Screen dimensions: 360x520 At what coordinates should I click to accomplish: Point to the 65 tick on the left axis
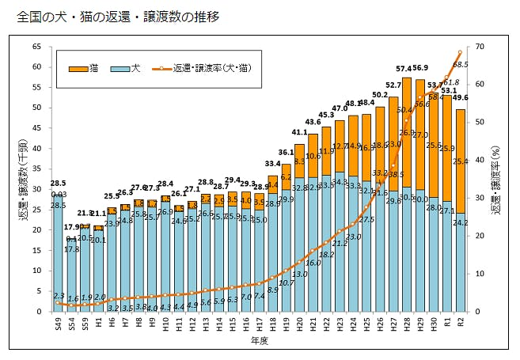pos(37,47)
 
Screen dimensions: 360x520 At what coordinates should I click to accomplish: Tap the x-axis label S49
pos(58,324)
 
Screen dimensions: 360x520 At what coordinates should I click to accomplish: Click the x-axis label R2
pos(461,324)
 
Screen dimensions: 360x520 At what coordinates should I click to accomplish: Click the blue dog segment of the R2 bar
pos(461,261)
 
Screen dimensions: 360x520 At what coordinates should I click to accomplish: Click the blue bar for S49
pos(58,253)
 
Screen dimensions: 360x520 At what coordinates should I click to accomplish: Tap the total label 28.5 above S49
pos(58,184)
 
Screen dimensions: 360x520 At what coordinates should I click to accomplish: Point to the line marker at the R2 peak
pos(461,52)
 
